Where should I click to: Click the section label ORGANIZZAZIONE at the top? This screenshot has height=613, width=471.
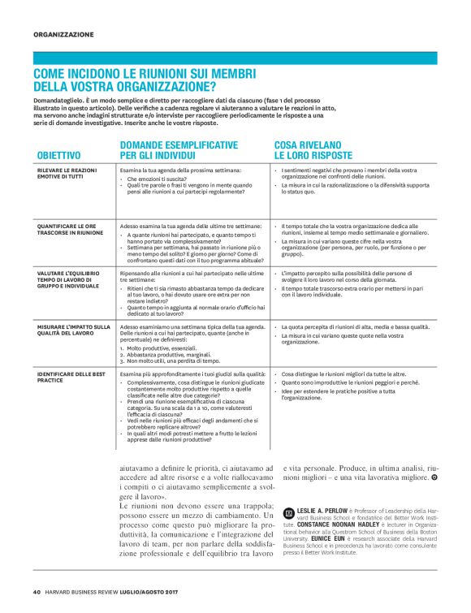(x=64, y=34)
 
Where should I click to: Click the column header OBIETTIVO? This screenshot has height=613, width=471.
(x=58, y=154)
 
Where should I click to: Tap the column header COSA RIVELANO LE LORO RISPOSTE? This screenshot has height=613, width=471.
(x=313, y=149)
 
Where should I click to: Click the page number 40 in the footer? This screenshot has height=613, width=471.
(x=37, y=591)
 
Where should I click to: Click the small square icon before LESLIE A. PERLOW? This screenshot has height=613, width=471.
(x=289, y=513)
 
